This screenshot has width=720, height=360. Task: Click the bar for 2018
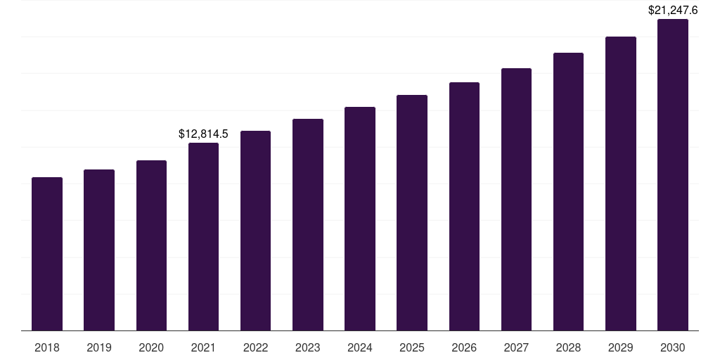pyautogui.click(x=47, y=254)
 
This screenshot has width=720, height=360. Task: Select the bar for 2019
pyautogui.click(x=99, y=250)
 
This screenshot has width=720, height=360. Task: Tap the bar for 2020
pyautogui.click(x=151, y=245)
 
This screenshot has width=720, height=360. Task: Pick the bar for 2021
pyautogui.click(x=203, y=236)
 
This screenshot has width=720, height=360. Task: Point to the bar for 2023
pyautogui.click(x=308, y=224)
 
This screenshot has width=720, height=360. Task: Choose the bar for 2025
pyautogui.click(x=412, y=212)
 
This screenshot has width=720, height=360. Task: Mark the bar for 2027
pyautogui.click(x=516, y=199)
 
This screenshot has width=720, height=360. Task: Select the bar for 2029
pyautogui.click(x=621, y=184)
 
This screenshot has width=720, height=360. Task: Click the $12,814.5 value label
pyautogui.click(x=203, y=134)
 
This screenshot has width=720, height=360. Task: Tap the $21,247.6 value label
pyautogui.click(x=673, y=11)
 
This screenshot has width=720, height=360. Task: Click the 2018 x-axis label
pyautogui.click(x=47, y=347)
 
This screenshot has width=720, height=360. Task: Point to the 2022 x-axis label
pyautogui.click(x=256, y=347)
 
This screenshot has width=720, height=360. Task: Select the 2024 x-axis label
pyautogui.click(x=360, y=347)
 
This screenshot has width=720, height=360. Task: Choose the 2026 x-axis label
pyautogui.click(x=464, y=347)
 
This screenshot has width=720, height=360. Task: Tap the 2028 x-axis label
pyautogui.click(x=569, y=347)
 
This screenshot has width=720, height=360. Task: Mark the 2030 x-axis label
pyautogui.click(x=673, y=347)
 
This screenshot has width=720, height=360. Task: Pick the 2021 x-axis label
pyautogui.click(x=203, y=347)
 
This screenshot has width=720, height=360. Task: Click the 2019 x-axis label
pyautogui.click(x=99, y=347)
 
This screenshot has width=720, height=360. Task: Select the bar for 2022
pyautogui.click(x=256, y=231)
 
